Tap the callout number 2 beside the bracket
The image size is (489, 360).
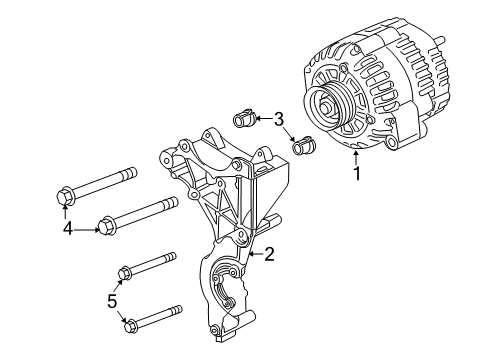[x=268, y=255]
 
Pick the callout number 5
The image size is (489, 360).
[x=112, y=300]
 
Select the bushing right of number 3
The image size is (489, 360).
[x=303, y=149]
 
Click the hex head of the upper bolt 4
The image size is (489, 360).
[x=63, y=194]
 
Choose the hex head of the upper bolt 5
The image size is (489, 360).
[x=126, y=270]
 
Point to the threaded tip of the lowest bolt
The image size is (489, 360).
[x=178, y=309]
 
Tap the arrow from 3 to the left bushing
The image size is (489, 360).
[x=265, y=119]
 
